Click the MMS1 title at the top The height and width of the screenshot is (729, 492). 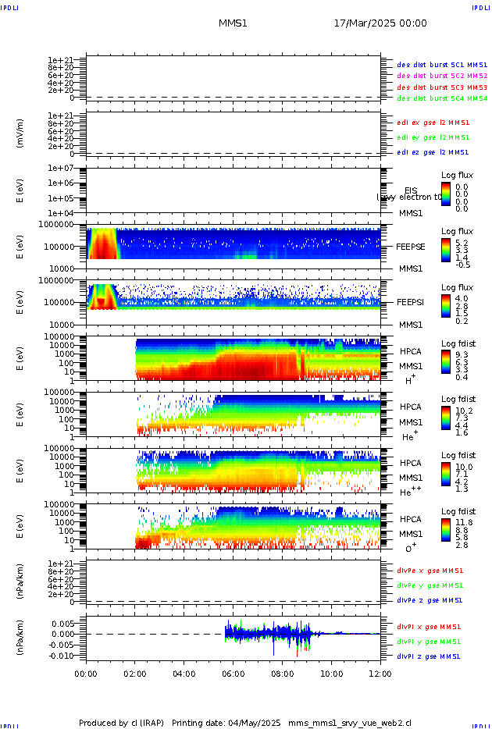233,23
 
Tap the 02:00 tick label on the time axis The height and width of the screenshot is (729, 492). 135,673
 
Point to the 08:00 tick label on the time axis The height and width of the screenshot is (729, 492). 282,673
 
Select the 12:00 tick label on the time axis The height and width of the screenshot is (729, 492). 380,673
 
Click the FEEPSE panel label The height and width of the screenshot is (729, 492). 411,246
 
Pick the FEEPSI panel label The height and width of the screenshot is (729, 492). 411,301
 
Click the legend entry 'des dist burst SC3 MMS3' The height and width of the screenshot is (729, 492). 442,87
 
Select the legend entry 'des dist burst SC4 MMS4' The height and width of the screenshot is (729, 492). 442,99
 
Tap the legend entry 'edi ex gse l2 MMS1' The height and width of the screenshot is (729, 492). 433,122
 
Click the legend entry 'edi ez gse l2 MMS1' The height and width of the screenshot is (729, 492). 433,152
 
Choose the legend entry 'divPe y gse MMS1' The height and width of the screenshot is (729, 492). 430,585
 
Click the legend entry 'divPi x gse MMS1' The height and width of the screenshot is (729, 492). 429,627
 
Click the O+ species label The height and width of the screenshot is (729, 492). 409,547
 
